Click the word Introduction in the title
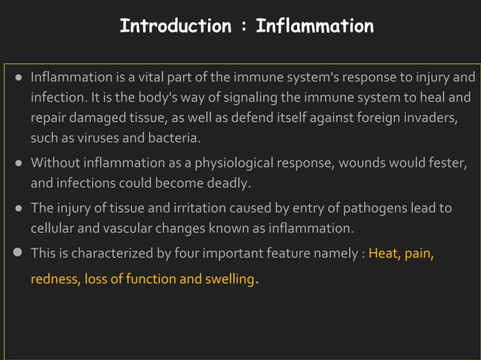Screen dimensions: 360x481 click(x=175, y=26)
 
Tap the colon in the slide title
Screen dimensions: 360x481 click(x=244, y=27)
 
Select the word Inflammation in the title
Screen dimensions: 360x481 click(x=314, y=26)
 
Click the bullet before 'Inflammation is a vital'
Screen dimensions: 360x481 click(x=19, y=78)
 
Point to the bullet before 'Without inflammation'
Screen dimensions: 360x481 click(x=19, y=163)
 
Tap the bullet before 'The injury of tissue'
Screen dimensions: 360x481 click(x=19, y=209)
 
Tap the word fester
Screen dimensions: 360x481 click(x=449, y=163)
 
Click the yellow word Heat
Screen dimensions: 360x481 click(x=384, y=254)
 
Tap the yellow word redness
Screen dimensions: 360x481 click(x=54, y=279)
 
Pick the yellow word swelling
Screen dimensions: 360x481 click(x=227, y=279)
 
